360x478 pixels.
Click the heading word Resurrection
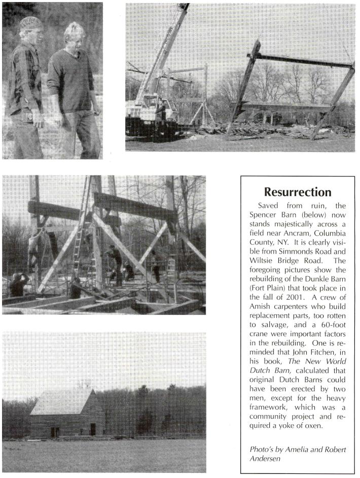tap(298, 192)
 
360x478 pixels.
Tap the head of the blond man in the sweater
tap(75, 33)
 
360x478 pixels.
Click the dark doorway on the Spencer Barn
tap(92, 429)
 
